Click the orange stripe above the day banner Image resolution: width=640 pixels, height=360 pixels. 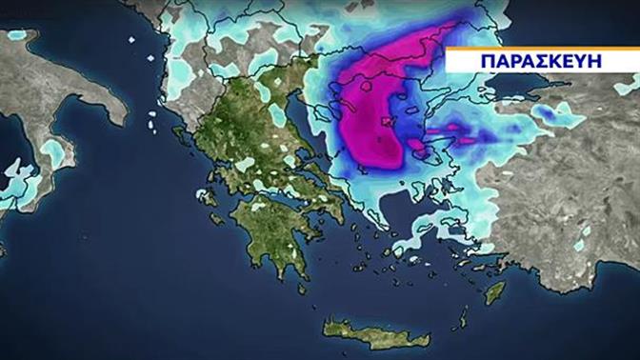tap(542, 47)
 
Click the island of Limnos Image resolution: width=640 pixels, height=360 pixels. tap(386, 123)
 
